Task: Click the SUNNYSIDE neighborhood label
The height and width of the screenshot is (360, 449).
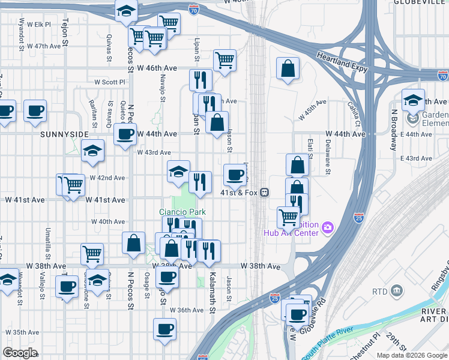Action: [x=64, y=134]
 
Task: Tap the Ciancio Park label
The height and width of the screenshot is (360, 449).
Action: [x=182, y=212]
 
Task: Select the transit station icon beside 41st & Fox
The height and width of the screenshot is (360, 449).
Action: [x=264, y=193]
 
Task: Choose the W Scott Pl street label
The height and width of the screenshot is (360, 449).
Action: [x=109, y=82]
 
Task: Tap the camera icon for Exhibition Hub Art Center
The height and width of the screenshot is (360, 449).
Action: [x=328, y=227]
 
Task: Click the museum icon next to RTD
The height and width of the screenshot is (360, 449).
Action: [x=397, y=292]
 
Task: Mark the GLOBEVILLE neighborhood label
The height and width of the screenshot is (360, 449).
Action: [x=421, y=2]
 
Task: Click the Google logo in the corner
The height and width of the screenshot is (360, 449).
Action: [x=19, y=353]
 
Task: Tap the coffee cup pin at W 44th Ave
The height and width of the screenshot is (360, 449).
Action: [x=125, y=134]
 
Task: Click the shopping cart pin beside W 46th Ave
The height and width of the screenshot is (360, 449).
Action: [x=224, y=60]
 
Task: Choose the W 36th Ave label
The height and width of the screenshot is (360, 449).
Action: [x=187, y=310]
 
